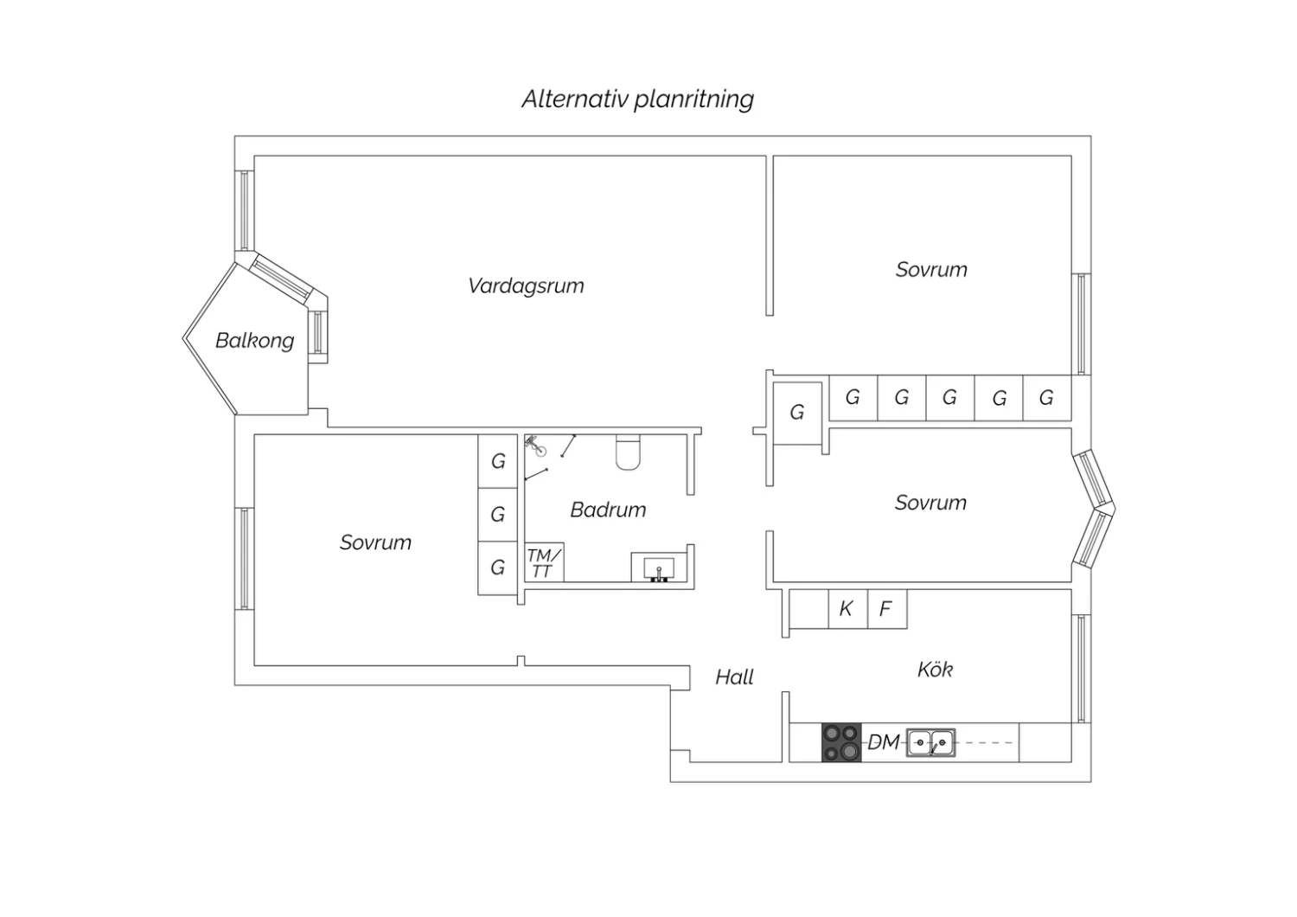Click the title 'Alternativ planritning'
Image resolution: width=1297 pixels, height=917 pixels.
637,99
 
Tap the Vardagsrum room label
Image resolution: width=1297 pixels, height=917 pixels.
526,286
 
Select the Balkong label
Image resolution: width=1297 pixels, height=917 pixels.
255,340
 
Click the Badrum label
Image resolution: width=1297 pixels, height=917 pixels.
608,510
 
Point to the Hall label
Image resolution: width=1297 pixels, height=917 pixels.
734,677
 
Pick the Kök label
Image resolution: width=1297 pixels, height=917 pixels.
935,670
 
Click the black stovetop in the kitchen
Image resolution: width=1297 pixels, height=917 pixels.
842,742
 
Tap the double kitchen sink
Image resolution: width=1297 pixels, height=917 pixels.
930,742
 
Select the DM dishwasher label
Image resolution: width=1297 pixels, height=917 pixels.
884,742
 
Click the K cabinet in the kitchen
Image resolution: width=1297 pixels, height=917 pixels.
848,609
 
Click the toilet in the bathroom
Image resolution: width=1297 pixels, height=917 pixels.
629,452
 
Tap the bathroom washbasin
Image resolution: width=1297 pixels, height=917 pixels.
659,568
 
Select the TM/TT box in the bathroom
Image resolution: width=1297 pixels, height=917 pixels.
544,562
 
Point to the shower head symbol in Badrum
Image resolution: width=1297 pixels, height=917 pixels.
536,446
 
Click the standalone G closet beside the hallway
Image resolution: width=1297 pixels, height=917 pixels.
797,413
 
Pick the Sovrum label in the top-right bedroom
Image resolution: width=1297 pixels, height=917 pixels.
931,270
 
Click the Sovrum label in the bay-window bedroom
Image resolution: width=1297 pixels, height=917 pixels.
930,503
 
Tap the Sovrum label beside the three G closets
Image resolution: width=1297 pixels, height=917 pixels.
375,542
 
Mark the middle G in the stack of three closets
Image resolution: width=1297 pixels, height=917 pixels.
497,515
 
